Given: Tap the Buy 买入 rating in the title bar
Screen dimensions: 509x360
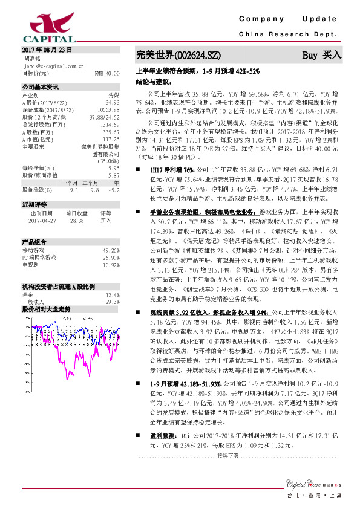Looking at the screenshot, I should [x=321, y=54].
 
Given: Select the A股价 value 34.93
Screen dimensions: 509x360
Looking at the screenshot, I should [x=111, y=103].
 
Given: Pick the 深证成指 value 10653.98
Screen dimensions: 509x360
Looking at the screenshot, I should [x=107, y=110].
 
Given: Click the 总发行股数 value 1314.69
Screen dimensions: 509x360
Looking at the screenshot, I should [x=109, y=124].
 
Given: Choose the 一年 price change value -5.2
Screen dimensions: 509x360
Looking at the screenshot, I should [x=113, y=190].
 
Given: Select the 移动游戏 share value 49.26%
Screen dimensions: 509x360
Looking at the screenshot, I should [x=111, y=250].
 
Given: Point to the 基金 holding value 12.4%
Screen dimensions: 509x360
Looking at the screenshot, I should [x=112, y=294].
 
